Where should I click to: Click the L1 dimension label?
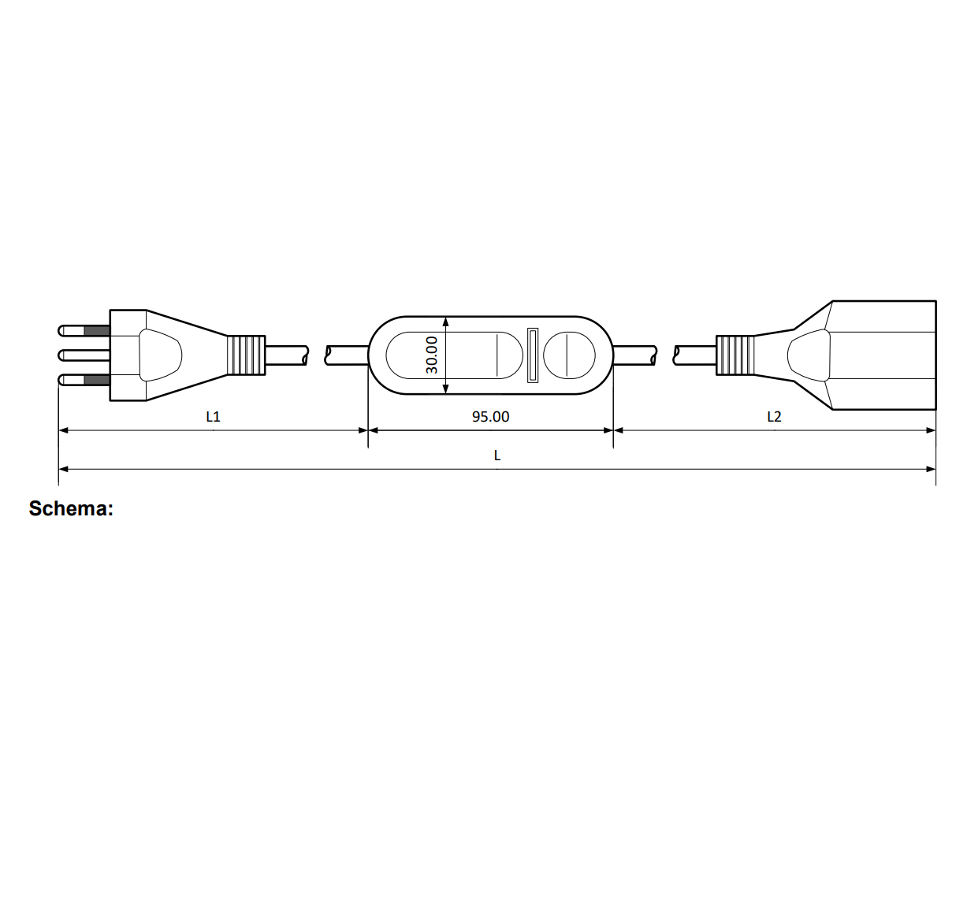pos(214,417)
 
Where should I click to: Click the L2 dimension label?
pos(774,417)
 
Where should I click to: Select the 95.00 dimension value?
pos(490,417)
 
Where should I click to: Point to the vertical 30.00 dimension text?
pos(432,355)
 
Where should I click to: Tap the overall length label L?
pos(497,456)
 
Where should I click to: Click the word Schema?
pos(71,508)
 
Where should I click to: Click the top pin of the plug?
pos(84,331)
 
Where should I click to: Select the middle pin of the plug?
pos(84,355)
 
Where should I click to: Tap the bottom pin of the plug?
pos(84,380)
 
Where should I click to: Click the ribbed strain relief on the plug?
pos(247,355)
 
